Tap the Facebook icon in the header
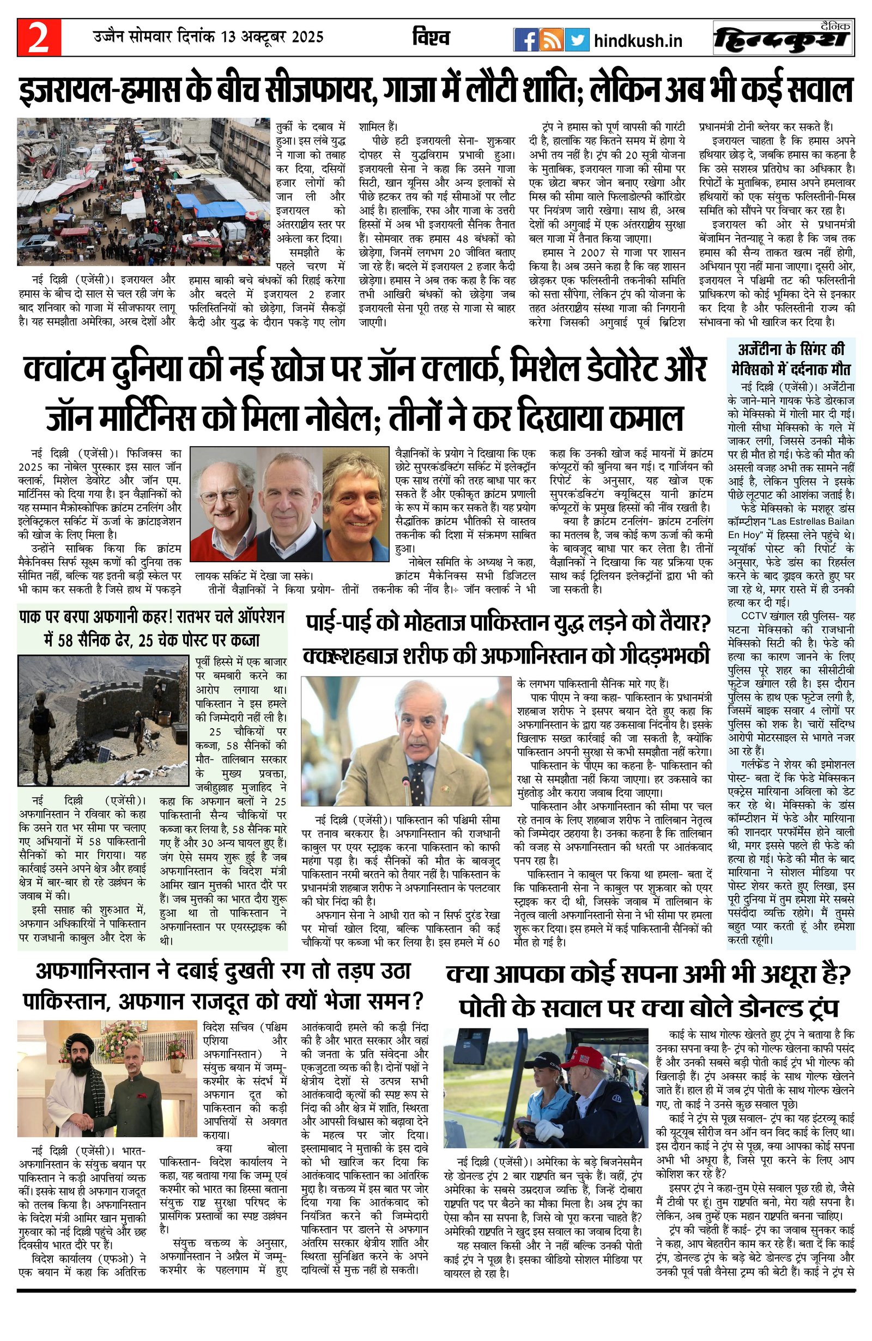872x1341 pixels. tap(525, 40)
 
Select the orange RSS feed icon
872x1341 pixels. tap(550, 40)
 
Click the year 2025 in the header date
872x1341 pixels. tap(307, 37)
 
